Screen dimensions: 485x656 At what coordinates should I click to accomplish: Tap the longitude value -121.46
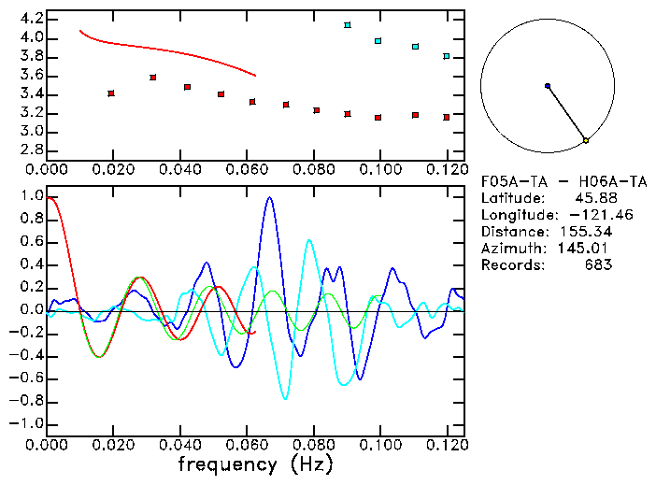coord(587,215)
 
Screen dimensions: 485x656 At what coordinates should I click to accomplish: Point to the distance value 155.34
coord(585,232)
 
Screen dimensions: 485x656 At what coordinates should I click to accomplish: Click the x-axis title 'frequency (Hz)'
coord(255,464)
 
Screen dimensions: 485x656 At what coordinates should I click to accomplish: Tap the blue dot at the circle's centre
coord(548,86)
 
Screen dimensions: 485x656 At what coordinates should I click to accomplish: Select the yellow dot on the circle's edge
coord(586,140)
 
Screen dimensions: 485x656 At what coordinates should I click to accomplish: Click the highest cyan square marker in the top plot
coord(348,25)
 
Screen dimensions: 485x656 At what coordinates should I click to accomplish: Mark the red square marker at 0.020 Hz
coord(111,93)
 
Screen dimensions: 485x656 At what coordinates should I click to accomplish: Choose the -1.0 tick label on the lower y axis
coord(26,423)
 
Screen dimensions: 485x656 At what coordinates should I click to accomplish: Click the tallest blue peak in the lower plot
coord(270,198)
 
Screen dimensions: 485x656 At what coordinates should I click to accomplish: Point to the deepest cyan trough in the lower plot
coord(286,398)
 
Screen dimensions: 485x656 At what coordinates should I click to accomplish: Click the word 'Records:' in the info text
coord(511,265)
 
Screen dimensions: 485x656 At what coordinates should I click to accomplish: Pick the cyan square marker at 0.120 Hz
coord(447,56)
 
